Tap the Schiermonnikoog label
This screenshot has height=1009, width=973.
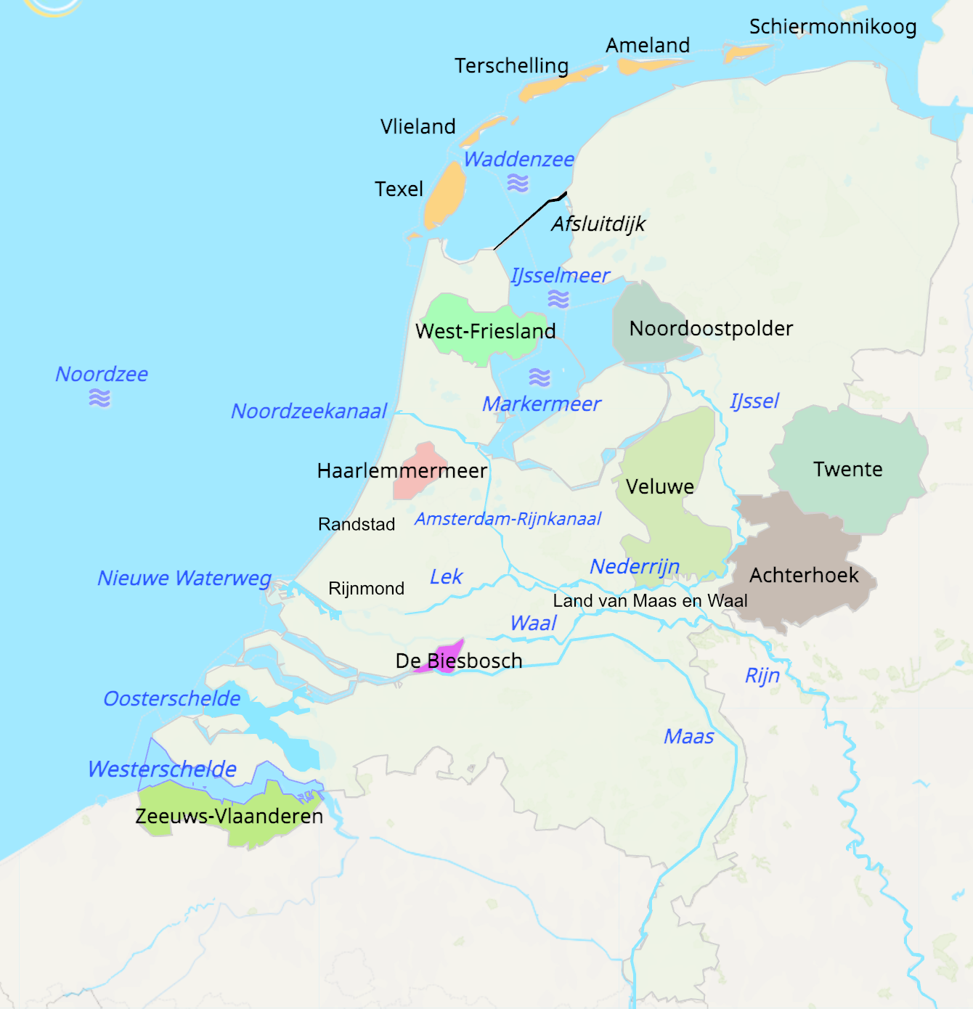[833, 27]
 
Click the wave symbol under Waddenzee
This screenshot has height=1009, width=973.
[518, 183]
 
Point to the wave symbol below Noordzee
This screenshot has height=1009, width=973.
[99, 398]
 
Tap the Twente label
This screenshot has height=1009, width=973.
[847, 470]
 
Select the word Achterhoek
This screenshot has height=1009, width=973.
[804, 576]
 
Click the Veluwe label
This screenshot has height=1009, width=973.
[660, 486]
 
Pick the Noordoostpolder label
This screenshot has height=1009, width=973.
[711, 329]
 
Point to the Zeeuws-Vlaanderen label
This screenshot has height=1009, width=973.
[229, 816]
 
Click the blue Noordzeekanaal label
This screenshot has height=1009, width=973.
[309, 412]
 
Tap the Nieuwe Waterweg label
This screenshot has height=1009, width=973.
[184, 579]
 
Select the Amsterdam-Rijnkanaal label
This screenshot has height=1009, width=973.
[508, 519]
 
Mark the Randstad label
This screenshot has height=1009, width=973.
[357, 524]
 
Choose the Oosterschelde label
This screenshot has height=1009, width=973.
[172, 699]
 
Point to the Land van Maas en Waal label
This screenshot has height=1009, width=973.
[650, 601]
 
